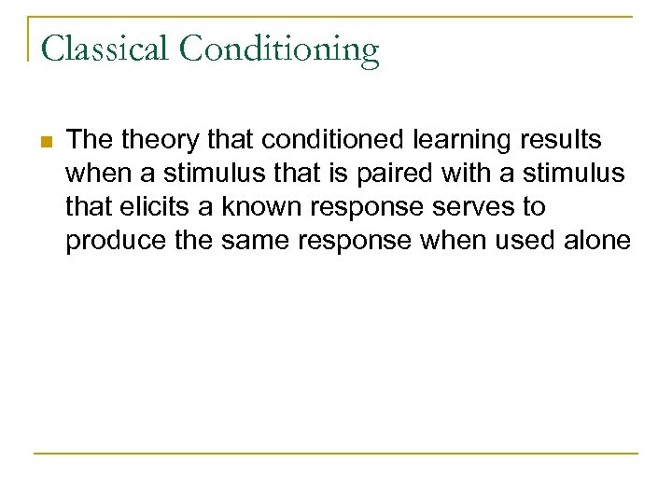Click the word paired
(381, 174)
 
